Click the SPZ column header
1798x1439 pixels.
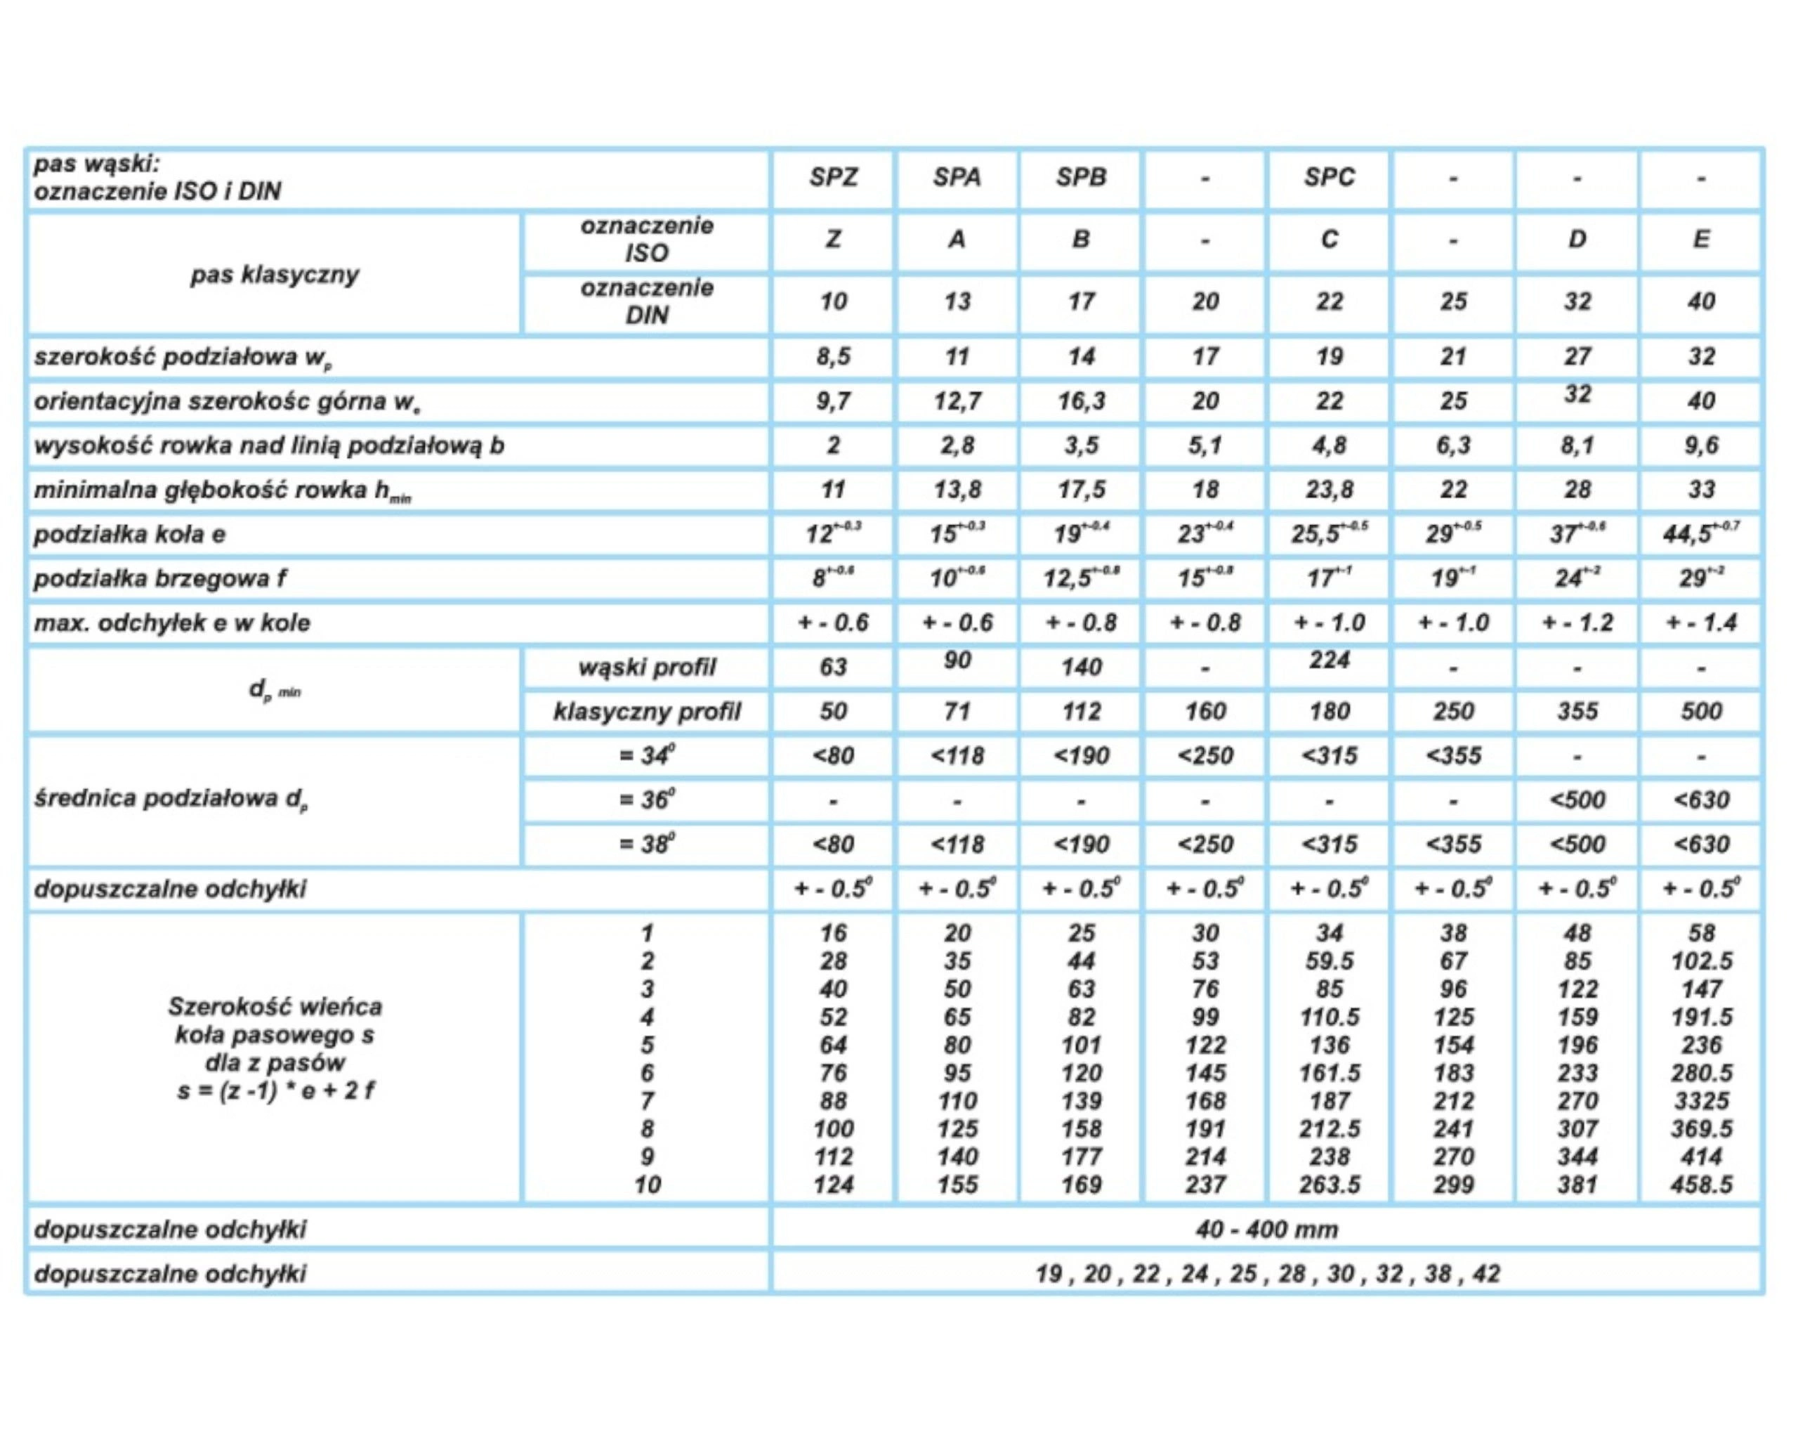[x=832, y=178]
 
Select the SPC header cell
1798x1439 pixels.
[x=1329, y=178]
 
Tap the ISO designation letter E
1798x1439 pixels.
[x=1700, y=240]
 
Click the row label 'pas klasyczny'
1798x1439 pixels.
[x=275, y=275]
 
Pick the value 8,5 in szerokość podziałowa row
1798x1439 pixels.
[x=832, y=357]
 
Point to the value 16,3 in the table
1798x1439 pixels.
[x=1081, y=401]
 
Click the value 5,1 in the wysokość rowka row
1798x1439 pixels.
[x=1205, y=445]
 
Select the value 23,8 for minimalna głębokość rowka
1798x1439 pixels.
[x=1329, y=490]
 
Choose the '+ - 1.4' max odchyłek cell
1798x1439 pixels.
[x=1700, y=623]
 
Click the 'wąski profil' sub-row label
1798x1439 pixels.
[x=646, y=668]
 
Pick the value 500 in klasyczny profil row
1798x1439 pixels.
[x=1700, y=712]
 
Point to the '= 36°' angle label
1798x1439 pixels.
[x=646, y=800]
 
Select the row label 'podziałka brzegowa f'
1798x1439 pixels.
[x=160, y=579]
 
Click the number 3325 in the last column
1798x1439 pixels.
[x=1700, y=1101]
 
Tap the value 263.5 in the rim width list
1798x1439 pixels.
[x=1329, y=1185]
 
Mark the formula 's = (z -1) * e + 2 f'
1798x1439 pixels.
[x=275, y=1091]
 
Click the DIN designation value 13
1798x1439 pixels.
[x=957, y=302]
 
